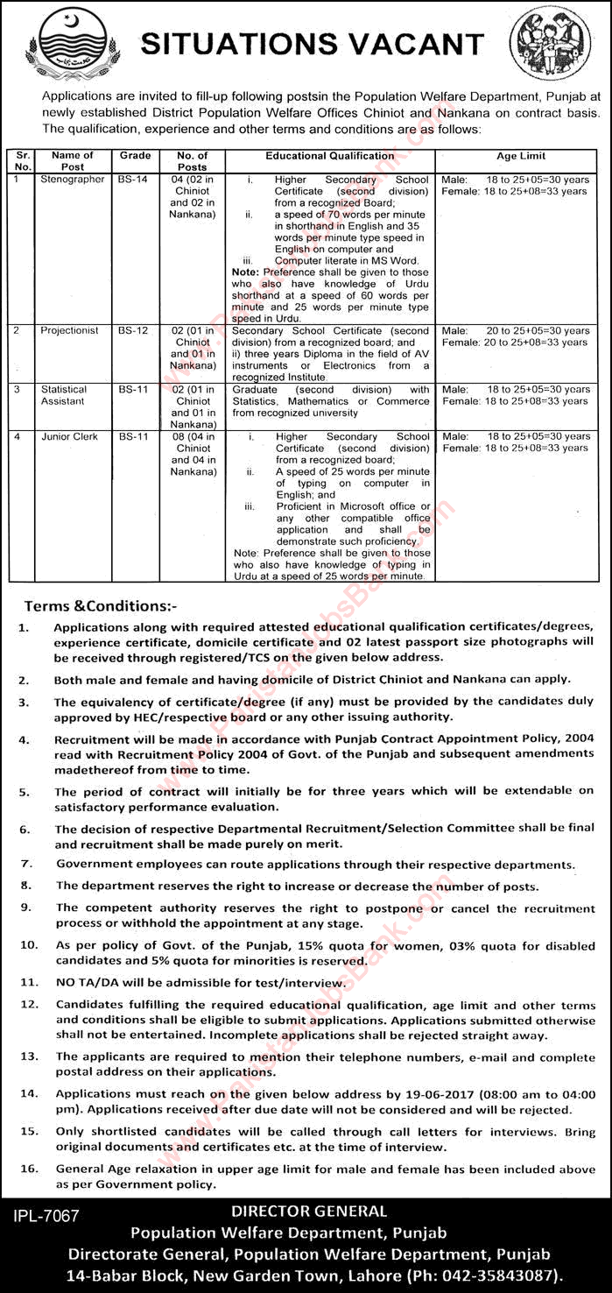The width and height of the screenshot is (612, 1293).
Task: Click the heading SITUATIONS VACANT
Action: [313, 43]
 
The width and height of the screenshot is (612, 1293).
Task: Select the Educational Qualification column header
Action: [330, 156]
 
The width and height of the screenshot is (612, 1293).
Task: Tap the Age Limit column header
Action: [520, 156]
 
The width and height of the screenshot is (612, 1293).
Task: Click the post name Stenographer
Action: [72, 180]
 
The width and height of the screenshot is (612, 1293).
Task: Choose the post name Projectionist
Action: [71, 331]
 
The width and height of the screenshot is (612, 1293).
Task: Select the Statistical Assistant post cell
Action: [64, 395]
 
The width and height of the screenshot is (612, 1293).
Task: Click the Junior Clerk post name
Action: [69, 436]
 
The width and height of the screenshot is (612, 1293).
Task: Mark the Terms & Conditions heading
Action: [100, 605]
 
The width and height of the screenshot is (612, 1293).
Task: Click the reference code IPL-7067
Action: [47, 1215]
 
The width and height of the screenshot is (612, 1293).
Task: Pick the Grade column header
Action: [136, 156]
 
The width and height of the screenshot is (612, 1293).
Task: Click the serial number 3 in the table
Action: [15, 390]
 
